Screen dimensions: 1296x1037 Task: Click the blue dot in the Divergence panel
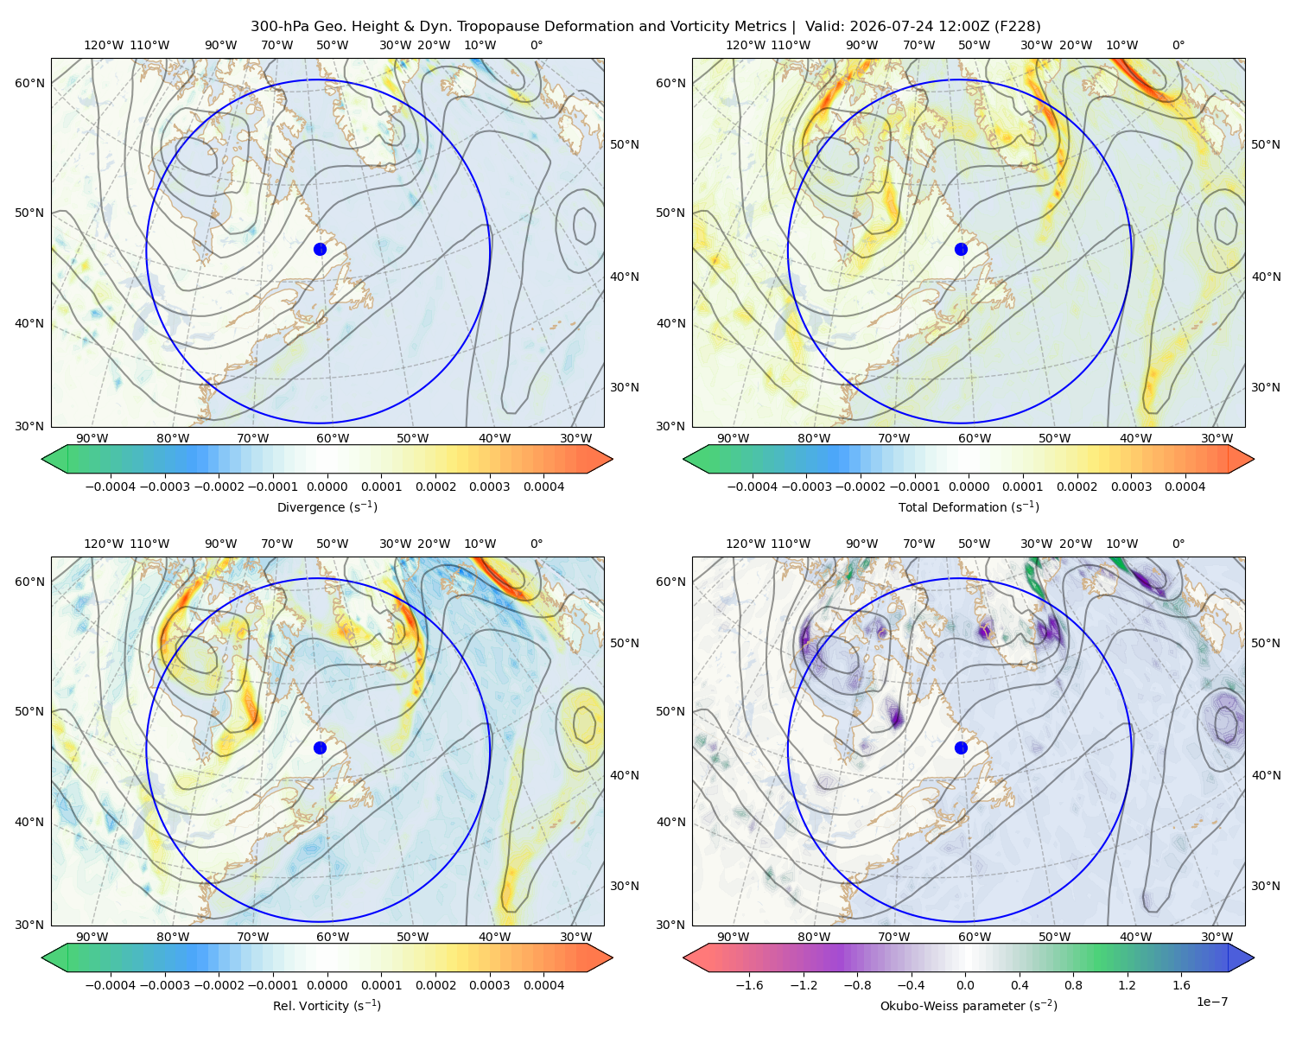point(320,249)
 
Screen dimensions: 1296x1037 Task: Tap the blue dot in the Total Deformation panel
point(961,249)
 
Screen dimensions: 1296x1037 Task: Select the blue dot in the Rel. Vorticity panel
point(320,748)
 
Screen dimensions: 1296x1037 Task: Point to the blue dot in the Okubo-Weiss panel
point(961,748)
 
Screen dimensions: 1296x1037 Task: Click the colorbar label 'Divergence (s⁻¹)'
point(327,506)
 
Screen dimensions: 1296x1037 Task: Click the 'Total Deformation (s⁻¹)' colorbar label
point(969,506)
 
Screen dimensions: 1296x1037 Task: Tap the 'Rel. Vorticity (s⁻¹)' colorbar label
point(327,1005)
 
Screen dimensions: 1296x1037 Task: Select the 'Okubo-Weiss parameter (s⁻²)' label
point(969,1005)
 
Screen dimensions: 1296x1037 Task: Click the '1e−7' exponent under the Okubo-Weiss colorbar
point(1211,1002)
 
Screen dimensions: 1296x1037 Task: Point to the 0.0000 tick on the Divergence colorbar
point(327,487)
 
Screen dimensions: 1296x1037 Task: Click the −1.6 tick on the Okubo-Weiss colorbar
point(749,985)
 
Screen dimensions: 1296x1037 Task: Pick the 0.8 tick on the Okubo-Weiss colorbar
point(1073,985)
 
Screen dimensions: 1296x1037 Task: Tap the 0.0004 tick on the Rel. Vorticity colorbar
point(543,985)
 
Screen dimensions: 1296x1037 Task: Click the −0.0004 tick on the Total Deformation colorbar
point(753,487)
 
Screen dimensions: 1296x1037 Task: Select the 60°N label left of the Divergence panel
point(29,83)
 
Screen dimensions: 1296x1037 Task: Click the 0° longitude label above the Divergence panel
point(537,45)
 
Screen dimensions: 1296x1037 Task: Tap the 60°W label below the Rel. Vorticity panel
point(333,937)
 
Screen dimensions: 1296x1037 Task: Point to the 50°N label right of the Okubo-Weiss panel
point(1265,643)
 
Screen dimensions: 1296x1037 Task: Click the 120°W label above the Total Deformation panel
point(745,45)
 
